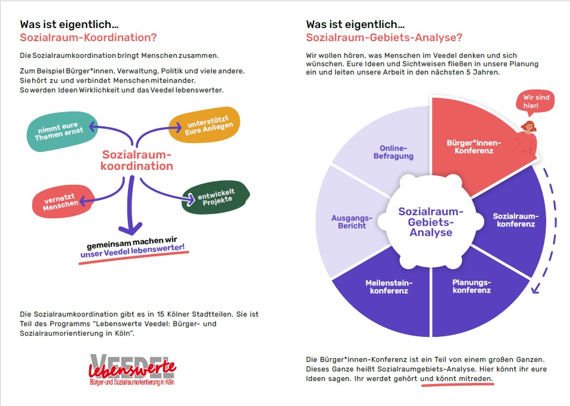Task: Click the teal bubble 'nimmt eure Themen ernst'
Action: [x=62, y=131]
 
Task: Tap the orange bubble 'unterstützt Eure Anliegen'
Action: [x=204, y=125]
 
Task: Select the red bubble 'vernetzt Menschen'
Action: [x=63, y=202]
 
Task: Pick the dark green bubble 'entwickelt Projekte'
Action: [x=215, y=197]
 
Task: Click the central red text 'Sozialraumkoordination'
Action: [x=137, y=160]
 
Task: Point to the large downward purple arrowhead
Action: [x=130, y=228]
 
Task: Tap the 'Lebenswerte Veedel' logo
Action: [x=132, y=370]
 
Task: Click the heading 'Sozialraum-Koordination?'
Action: [x=88, y=38]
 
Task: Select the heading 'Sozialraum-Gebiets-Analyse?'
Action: [x=384, y=38]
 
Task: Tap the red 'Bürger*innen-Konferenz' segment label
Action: [x=474, y=147]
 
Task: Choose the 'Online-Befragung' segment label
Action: [x=393, y=152]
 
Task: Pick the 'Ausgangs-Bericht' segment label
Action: [x=352, y=222]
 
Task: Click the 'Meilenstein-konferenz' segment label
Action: [x=389, y=287]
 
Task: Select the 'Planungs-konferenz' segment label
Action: [x=471, y=286]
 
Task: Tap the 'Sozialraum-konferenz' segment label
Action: [x=516, y=220]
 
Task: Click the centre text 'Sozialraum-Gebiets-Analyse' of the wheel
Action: [x=431, y=222]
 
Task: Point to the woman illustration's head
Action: [x=529, y=126]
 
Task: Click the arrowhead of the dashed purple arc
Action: [x=536, y=289]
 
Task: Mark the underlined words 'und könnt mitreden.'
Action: [x=456, y=379]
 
